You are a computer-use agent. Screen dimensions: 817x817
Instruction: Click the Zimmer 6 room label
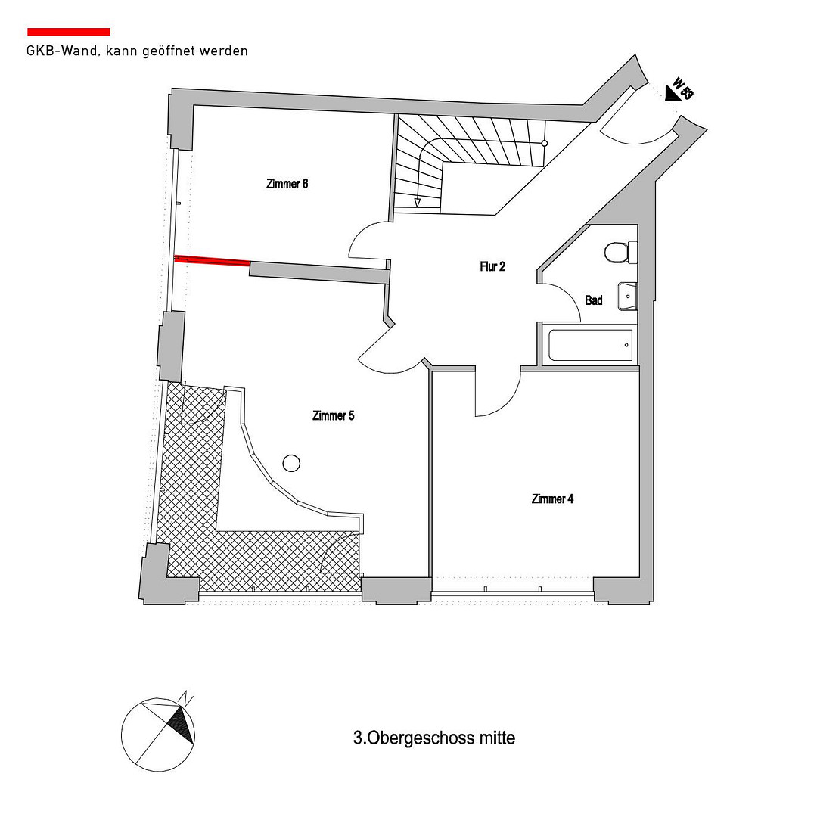point(287,184)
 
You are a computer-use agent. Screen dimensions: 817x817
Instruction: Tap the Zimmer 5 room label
point(334,416)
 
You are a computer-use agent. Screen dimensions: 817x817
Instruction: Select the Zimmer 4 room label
point(552,499)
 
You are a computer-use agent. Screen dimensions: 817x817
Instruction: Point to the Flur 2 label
point(492,267)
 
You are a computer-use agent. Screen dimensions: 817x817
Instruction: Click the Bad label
point(594,300)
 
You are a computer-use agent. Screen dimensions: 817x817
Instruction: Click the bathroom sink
point(627,297)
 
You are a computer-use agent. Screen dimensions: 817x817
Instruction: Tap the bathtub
point(590,344)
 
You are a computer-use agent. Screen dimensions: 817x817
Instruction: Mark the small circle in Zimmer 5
point(291,463)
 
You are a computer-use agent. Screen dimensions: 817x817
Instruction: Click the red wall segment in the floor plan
point(212,260)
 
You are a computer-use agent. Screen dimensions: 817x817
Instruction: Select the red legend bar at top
point(69,32)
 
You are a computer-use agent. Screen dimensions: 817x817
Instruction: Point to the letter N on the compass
point(187,697)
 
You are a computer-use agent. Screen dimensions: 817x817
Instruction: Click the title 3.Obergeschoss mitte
point(434,738)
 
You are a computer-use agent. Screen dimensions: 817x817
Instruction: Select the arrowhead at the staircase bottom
point(418,202)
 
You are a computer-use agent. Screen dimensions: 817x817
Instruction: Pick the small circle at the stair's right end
point(545,143)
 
